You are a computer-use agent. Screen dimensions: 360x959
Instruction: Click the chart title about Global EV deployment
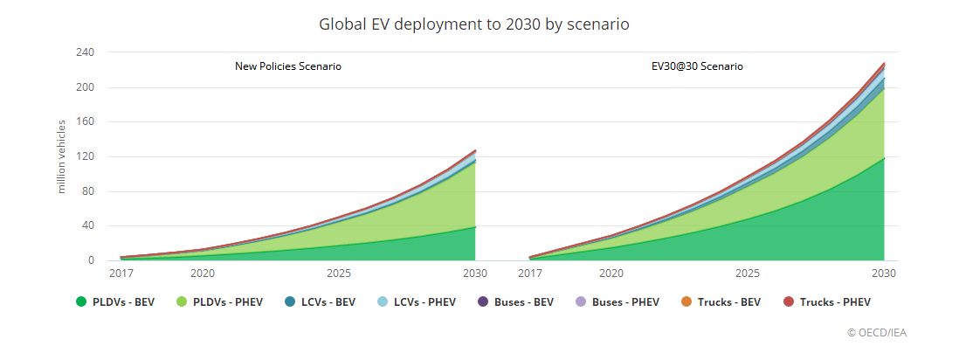point(474,24)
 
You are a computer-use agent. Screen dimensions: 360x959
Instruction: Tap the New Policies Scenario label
point(287,66)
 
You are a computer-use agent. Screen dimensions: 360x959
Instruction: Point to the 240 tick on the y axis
point(84,52)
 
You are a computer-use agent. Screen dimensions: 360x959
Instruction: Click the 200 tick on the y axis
point(84,87)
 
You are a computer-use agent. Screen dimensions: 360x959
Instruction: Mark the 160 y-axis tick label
point(84,122)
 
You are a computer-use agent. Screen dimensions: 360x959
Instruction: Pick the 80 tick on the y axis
point(87,191)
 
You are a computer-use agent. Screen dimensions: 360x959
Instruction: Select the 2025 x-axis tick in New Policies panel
point(339,273)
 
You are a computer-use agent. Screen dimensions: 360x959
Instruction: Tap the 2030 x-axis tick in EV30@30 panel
point(884,273)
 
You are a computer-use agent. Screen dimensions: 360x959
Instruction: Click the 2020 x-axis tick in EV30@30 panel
point(611,273)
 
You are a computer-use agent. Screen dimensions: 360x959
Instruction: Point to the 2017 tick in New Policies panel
point(121,273)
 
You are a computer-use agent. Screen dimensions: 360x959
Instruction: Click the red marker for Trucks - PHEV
point(789,302)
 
